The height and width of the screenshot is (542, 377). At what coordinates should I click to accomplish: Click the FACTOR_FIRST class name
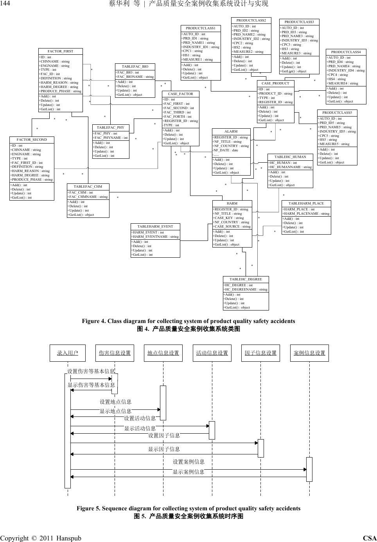[60, 51]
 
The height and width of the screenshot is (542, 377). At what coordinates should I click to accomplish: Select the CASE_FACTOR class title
[180, 94]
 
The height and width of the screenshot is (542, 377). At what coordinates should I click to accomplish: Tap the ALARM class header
[231, 131]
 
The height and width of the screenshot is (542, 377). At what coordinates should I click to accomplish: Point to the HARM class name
[232, 203]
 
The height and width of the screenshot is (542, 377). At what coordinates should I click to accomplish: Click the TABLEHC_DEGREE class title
[246, 279]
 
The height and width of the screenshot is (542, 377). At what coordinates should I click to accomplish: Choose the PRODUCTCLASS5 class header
[337, 113]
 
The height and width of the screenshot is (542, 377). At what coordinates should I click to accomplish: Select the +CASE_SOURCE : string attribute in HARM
[232, 226]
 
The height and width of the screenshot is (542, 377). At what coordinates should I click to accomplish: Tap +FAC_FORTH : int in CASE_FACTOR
[178, 117]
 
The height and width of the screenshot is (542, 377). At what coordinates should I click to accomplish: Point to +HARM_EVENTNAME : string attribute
[155, 237]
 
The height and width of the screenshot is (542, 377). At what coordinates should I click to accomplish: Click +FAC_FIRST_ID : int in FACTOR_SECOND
[27, 163]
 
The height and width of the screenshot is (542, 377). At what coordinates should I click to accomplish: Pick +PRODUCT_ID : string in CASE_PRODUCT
[275, 93]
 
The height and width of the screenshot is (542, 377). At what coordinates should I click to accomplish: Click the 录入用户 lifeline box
[67, 353]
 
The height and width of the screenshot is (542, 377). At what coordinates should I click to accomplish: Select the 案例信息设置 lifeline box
[309, 353]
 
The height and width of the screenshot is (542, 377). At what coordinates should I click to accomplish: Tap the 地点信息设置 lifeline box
[163, 353]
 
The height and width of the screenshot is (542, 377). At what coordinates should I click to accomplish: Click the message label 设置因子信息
[164, 435]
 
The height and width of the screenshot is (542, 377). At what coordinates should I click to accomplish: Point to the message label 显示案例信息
[188, 472]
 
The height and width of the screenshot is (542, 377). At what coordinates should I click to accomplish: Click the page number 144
[6, 4]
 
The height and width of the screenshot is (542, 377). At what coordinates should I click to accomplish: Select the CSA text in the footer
[370, 538]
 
